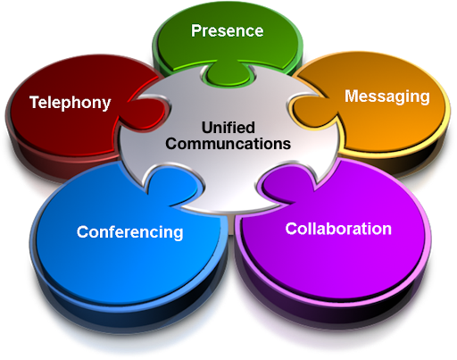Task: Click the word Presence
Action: [x=228, y=31]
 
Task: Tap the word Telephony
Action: [x=71, y=103]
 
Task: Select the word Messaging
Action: [x=387, y=96]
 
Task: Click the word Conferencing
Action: [x=129, y=232]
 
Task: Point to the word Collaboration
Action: [x=338, y=229]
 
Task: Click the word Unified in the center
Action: [x=228, y=128]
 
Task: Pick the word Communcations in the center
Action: [x=228, y=144]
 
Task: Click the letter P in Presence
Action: [x=196, y=31]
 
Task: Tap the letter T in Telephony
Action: [x=35, y=102]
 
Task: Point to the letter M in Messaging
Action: [x=352, y=96]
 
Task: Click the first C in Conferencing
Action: [x=83, y=232]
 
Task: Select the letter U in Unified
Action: [x=208, y=128]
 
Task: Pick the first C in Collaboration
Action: [x=291, y=229]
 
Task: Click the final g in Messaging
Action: [x=425, y=98]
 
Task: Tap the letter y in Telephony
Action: [x=106, y=105]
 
